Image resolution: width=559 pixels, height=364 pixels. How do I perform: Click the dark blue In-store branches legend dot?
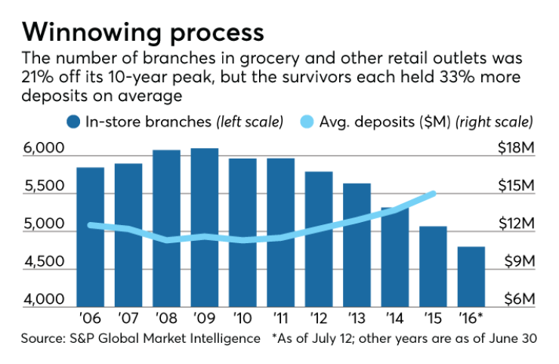73,122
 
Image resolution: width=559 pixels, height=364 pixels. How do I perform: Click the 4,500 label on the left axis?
42,262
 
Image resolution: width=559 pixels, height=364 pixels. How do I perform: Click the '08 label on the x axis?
167,318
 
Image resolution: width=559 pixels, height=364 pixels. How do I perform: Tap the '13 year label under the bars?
357,318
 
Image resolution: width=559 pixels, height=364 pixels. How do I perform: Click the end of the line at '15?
434,193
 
